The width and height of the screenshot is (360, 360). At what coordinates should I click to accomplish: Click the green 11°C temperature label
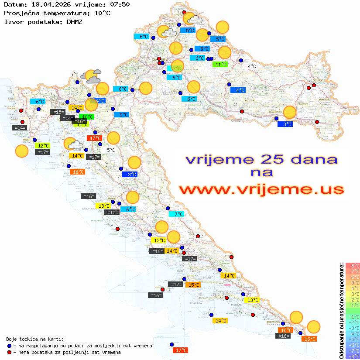pos(220,65)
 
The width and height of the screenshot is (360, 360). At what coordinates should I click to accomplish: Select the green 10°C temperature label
pos(87,117)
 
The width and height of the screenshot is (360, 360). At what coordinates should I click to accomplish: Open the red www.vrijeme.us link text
pos(261,189)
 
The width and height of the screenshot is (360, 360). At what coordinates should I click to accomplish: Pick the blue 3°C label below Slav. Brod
pos(285,124)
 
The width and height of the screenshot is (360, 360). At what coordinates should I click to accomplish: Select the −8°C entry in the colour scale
pos(352,356)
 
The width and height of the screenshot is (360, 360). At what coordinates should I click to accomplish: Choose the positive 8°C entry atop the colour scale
pos(352,266)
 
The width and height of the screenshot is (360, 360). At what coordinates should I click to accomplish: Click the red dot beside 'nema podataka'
pos(9,352)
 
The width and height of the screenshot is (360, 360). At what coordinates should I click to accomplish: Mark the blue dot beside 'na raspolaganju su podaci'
pos(9,346)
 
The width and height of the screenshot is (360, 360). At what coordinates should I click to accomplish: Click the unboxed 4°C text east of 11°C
pos(252,66)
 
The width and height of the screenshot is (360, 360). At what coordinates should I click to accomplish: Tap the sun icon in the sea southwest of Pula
pos(21,151)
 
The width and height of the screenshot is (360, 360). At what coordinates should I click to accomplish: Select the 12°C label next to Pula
pos(43,146)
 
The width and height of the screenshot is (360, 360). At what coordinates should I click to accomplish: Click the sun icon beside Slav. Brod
pos(290,112)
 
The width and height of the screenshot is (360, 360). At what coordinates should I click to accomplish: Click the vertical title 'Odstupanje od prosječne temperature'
pos(341,311)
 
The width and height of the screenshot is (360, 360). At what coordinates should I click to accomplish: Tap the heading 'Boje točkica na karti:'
pos(35,339)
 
